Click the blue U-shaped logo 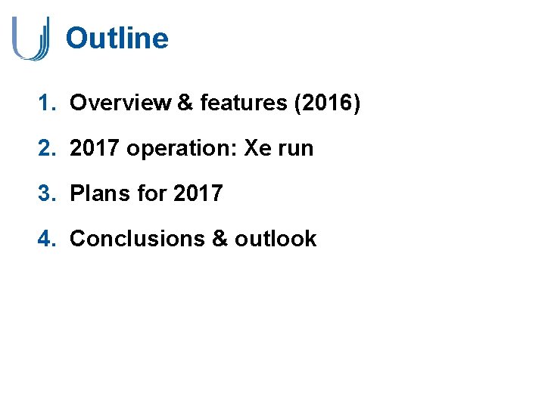30,38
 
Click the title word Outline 117,38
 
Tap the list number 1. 46,104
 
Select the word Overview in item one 120,104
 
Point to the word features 242,104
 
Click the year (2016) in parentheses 327,104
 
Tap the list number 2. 46,149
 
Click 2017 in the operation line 95,149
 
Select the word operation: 182,149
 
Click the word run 296,149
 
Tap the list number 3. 46,193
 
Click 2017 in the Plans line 198,193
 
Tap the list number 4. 46,239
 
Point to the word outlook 276,239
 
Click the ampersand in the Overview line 185,104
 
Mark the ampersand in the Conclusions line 220,239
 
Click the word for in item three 151,193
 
